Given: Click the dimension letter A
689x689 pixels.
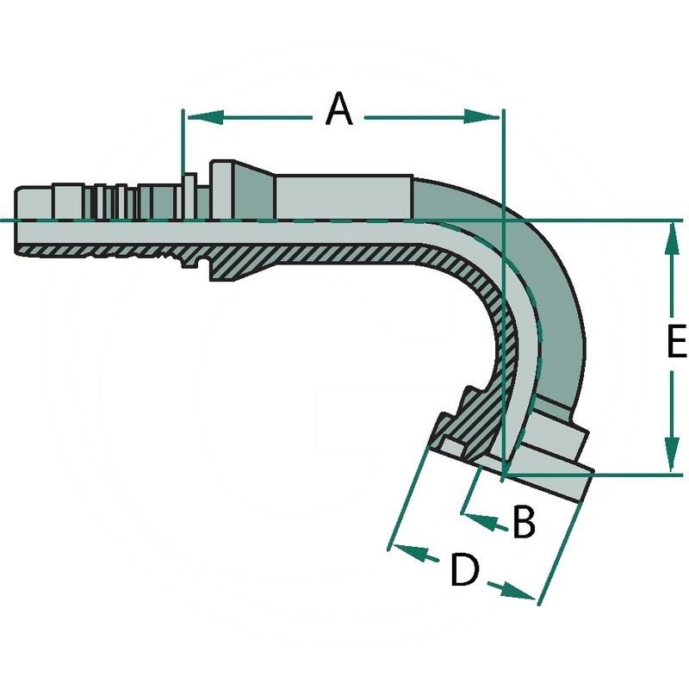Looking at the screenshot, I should coord(339,111).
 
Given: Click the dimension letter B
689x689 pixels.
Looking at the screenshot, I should coord(524,522).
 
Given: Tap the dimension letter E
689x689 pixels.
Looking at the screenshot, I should coord(676,343).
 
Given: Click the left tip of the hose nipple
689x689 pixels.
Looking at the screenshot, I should coord(17,220).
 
